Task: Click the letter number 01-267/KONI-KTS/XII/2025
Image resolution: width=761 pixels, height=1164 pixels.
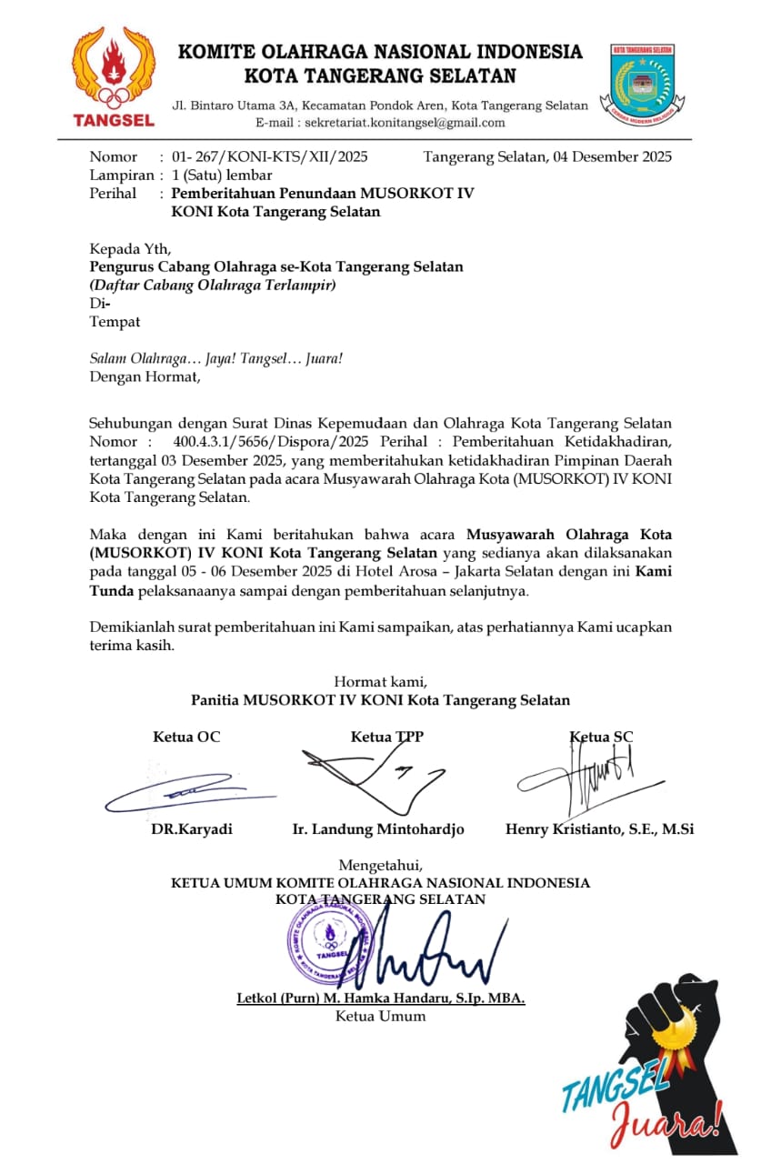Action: [x=269, y=156]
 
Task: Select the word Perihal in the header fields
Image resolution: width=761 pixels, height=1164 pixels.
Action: [x=113, y=193]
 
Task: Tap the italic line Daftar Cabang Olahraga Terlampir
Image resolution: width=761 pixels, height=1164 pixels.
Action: [x=213, y=285]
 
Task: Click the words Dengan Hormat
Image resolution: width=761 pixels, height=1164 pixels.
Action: [x=144, y=376]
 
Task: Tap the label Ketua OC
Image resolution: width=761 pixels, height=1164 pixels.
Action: [x=186, y=737]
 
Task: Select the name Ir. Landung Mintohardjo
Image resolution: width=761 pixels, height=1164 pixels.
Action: [x=378, y=829]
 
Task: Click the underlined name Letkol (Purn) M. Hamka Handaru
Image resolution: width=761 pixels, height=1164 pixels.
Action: [x=380, y=998]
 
